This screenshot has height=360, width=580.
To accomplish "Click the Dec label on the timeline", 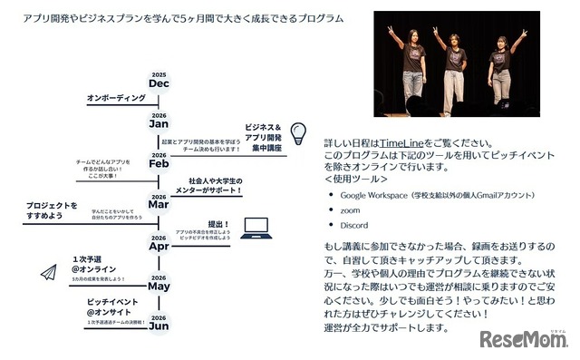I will [159, 83].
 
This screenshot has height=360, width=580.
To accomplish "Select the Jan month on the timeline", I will [159, 122].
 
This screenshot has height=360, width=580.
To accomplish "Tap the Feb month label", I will [159, 163].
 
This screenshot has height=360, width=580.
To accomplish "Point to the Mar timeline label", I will [159, 204].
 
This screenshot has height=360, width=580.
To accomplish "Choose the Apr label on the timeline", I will [159, 245].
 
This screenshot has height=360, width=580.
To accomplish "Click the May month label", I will [159, 286].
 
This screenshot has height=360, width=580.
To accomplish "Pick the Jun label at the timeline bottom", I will [159, 326].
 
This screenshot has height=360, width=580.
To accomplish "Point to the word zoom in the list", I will [351, 209].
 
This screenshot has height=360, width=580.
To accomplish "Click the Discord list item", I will [355, 225].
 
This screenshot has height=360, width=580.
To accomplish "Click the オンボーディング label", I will [116, 97].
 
